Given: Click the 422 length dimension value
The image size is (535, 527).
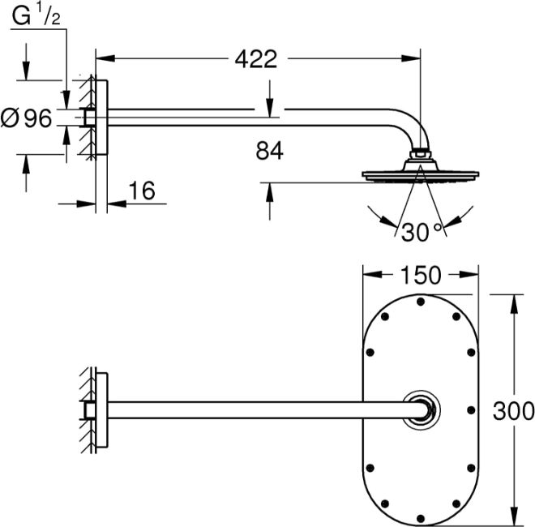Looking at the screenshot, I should [255, 58].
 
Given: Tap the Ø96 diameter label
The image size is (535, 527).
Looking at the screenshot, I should [28, 118].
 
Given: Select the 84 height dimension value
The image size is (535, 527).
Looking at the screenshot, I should [268, 151].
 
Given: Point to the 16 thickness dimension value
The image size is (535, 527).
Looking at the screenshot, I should [141, 191].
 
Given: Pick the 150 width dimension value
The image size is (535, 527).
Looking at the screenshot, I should [419, 276].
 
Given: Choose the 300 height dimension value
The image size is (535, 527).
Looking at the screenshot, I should [514, 410].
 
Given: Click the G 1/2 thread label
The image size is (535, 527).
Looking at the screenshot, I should [37, 15].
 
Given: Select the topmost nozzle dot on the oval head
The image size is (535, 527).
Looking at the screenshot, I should [420, 302].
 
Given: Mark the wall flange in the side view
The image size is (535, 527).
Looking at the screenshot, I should [100, 118].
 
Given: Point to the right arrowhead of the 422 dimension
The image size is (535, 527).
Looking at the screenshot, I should [414, 58].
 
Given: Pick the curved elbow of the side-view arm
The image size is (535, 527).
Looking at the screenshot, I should [409, 128].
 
